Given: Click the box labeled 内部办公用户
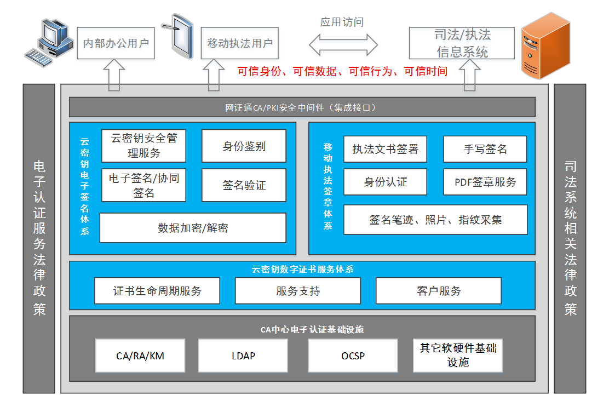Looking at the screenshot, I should [x=116, y=43].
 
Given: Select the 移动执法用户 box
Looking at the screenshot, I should [x=240, y=43].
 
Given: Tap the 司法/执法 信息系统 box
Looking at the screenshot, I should [x=462, y=43].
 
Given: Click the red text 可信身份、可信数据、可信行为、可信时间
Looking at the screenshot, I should [x=342, y=71].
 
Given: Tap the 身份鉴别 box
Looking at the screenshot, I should [x=244, y=146].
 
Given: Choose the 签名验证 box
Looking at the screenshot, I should [x=244, y=185].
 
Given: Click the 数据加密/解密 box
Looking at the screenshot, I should [x=193, y=228].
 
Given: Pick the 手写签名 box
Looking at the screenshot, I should [x=485, y=149].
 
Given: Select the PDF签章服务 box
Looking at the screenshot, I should [x=485, y=182].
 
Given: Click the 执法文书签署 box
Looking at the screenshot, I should [x=385, y=149].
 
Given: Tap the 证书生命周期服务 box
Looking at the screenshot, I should [x=157, y=291].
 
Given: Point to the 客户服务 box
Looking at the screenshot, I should [x=438, y=291].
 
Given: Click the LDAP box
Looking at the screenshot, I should [x=243, y=356].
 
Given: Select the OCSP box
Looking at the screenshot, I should [x=353, y=356].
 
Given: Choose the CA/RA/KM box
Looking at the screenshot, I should [x=140, y=356].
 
